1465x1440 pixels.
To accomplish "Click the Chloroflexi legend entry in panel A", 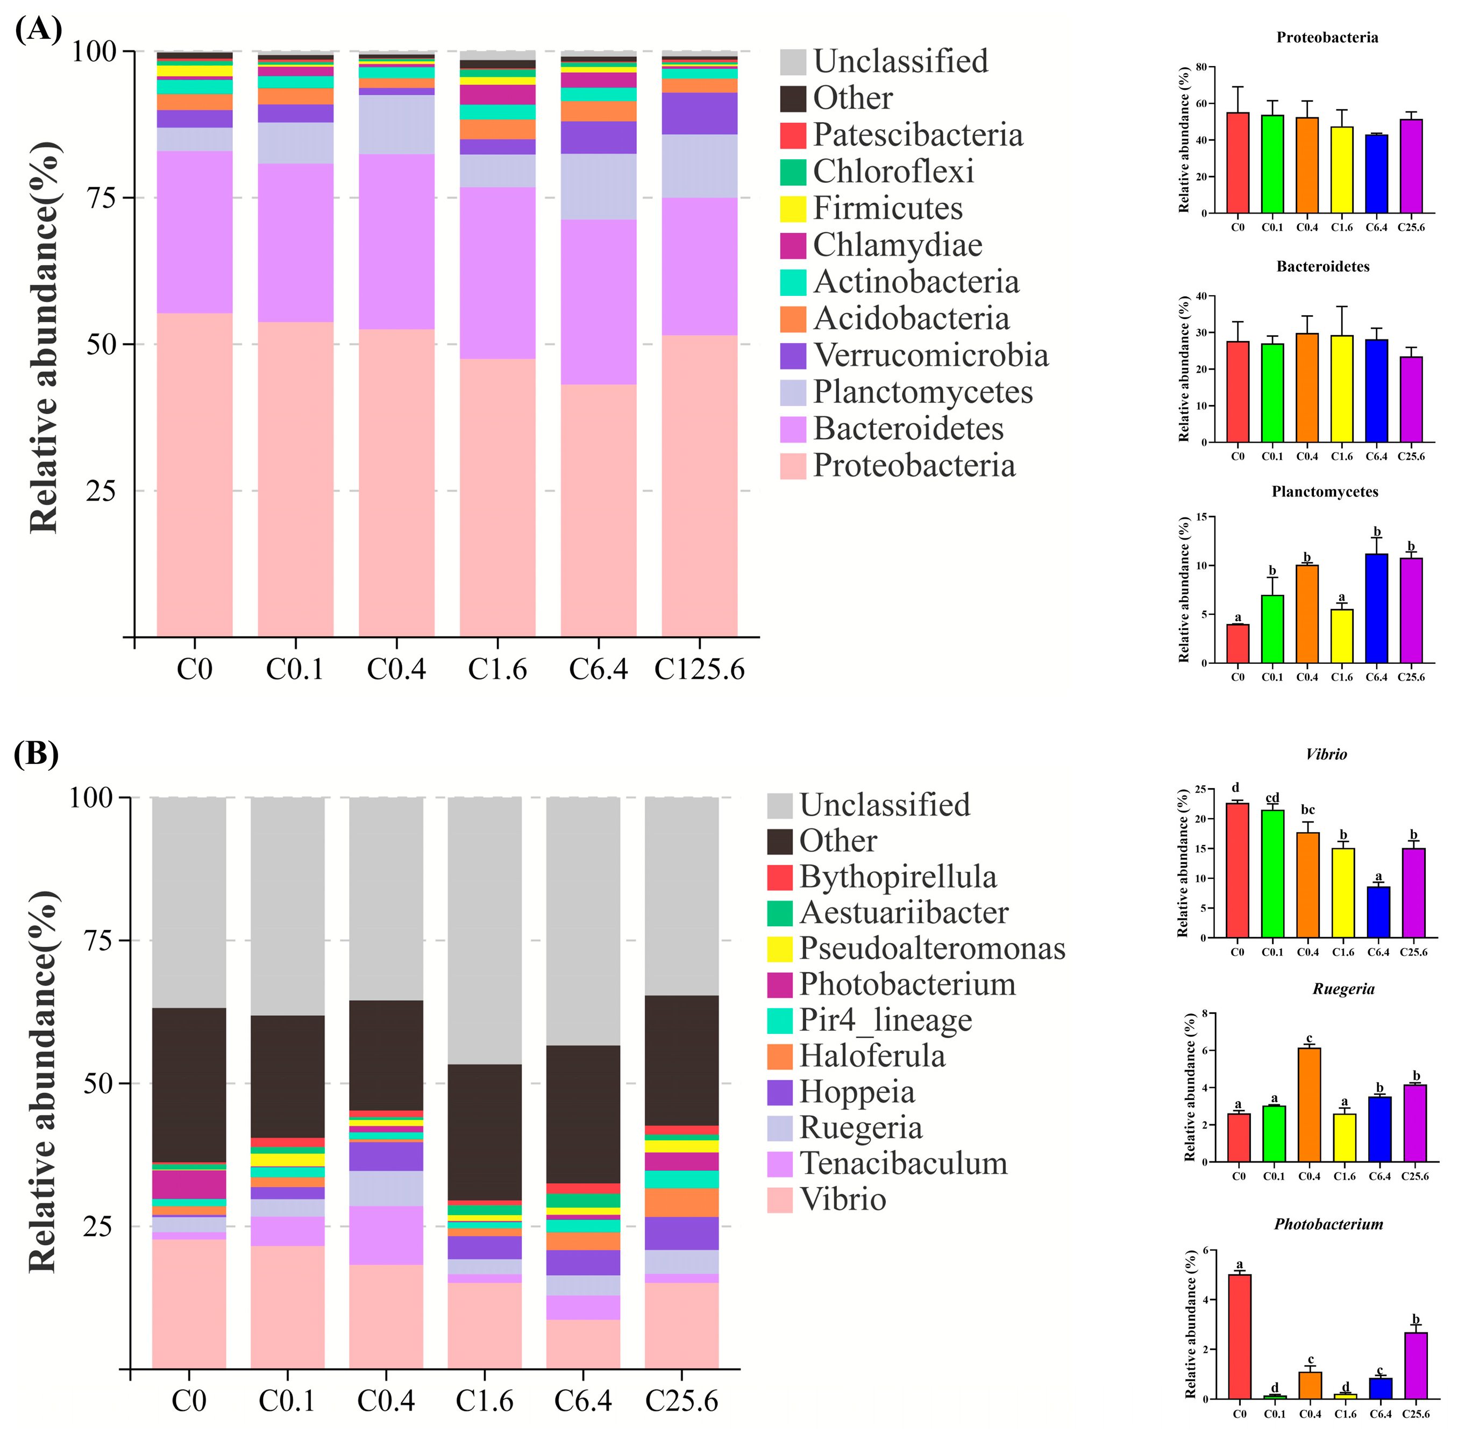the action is (x=877, y=172).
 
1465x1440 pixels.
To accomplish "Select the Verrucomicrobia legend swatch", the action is (x=793, y=356).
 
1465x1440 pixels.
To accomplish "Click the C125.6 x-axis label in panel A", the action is (x=700, y=669).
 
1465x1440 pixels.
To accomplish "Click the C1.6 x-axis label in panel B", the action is (x=484, y=1401).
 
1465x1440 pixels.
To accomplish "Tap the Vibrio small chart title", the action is (x=1326, y=754).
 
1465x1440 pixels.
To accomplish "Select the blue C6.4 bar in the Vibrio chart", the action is (x=1378, y=912).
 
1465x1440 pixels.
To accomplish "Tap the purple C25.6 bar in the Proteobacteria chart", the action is (x=1411, y=166).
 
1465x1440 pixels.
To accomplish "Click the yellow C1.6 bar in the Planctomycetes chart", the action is (x=1342, y=636).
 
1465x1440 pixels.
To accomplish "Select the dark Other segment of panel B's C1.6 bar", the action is (x=484, y=1132).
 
